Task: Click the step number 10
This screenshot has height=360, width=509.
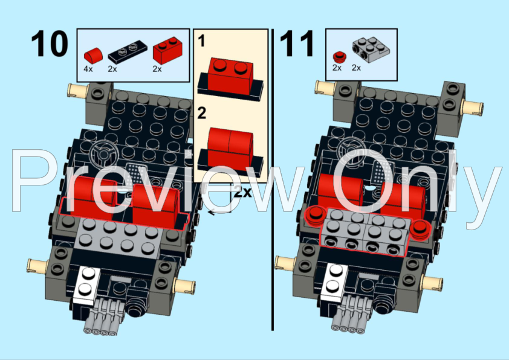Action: (x=50, y=43)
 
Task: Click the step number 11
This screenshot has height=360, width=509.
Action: (x=297, y=43)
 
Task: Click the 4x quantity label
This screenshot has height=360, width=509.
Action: (x=88, y=69)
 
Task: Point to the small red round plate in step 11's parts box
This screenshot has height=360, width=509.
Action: (x=337, y=57)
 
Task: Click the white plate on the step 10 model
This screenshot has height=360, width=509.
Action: (x=86, y=283)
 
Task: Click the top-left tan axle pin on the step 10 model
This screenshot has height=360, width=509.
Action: (x=76, y=92)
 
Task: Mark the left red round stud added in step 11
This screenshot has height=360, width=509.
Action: (x=314, y=214)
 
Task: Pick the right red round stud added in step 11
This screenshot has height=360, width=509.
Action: (x=421, y=227)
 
